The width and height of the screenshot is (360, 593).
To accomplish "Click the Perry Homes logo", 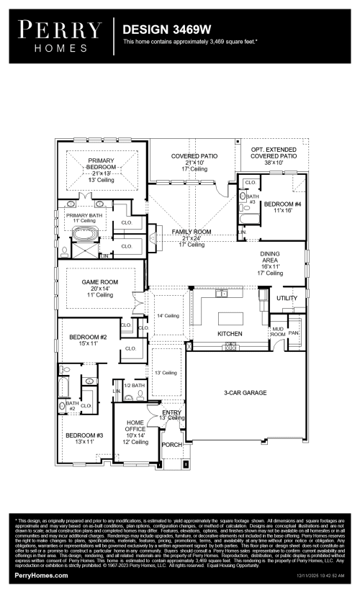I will click(60, 36).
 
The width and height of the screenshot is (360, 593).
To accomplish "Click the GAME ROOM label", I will click(99, 282).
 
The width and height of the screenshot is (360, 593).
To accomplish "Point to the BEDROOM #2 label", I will click(88, 337).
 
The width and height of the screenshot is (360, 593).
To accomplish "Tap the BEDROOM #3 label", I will click(85, 435).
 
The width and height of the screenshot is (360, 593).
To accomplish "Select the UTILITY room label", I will click(286, 297).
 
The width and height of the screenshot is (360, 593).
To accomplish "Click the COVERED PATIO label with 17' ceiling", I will click(194, 155).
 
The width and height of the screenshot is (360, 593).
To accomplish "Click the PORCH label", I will click(171, 444).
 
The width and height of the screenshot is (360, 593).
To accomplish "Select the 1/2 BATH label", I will click(135, 386).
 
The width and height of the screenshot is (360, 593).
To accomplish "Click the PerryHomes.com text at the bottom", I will click(42, 576).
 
